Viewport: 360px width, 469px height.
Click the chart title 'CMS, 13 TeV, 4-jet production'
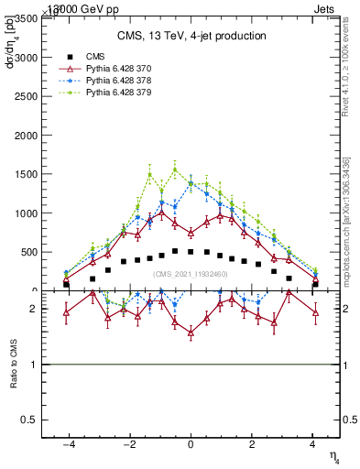coord(191,36)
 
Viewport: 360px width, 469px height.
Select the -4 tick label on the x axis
coord(67,443)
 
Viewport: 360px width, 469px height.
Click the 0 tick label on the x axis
coord(191,443)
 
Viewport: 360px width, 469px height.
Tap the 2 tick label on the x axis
coord(252,443)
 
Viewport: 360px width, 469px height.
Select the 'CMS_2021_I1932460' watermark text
coord(191,274)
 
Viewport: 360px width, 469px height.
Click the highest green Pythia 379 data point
coord(175,169)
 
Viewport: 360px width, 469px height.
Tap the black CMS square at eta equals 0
coord(191,251)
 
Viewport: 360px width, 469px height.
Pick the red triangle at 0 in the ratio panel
coord(191,333)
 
